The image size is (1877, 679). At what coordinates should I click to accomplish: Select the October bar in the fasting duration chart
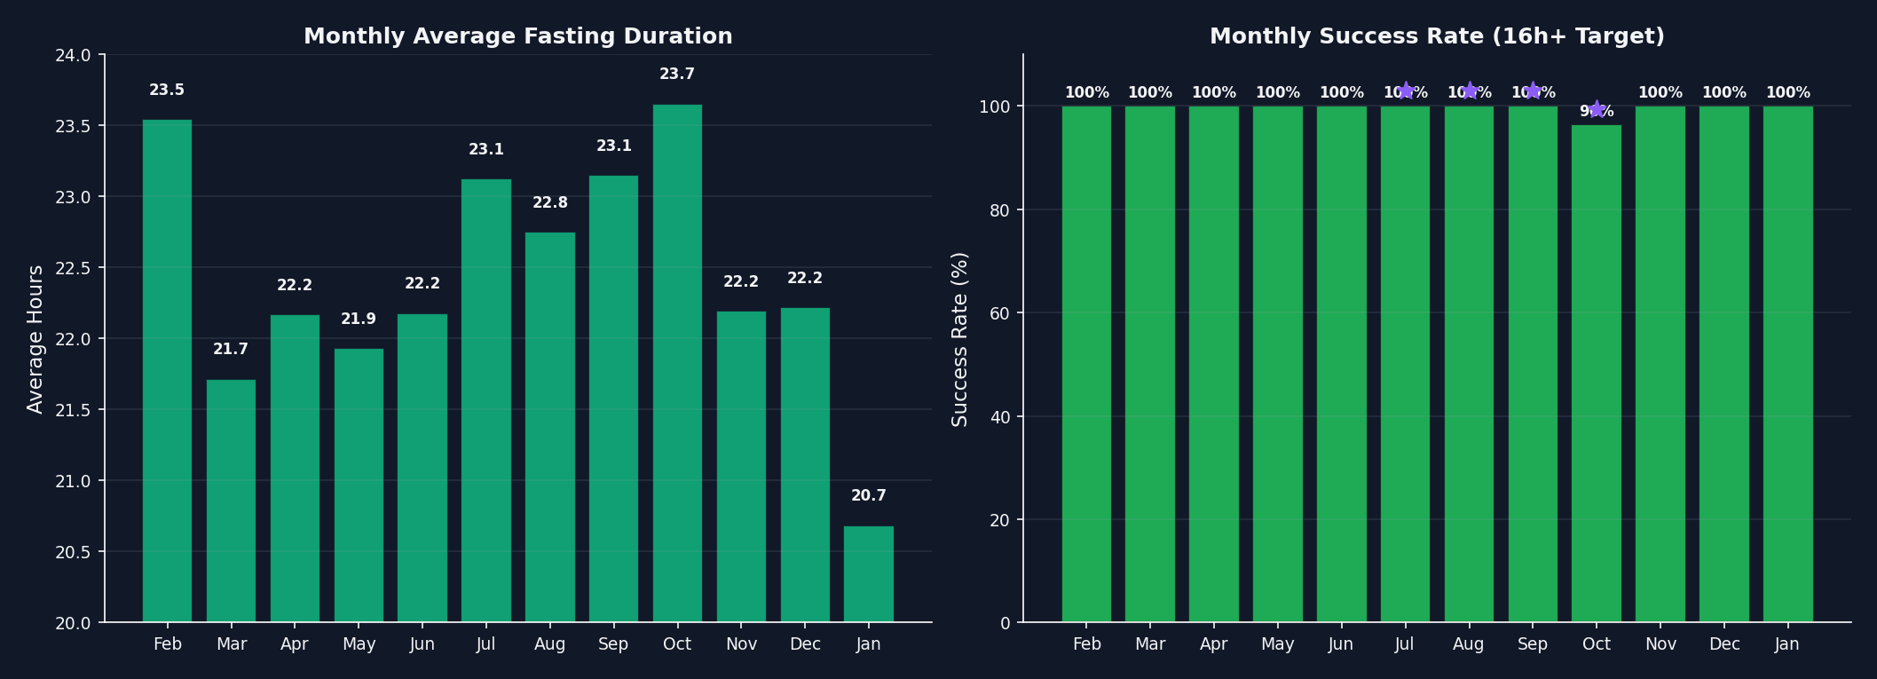click(x=677, y=364)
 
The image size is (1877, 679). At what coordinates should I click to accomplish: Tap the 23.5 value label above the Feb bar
click(x=167, y=91)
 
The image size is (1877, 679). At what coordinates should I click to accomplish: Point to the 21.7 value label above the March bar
click(x=231, y=350)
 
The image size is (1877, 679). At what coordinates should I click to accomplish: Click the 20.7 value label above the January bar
click(x=868, y=496)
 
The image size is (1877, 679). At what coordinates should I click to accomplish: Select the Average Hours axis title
click(x=35, y=339)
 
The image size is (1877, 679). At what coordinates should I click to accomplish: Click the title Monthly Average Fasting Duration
click(x=517, y=36)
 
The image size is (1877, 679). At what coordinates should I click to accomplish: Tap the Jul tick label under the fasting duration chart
click(x=485, y=644)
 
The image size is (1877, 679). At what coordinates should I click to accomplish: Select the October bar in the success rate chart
click(x=1596, y=373)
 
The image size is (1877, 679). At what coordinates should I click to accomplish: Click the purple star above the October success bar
click(x=1597, y=109)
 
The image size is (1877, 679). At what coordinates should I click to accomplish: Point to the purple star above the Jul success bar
click(x=1405, y=91)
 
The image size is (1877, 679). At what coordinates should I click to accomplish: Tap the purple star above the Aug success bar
click(x=1469, y=91)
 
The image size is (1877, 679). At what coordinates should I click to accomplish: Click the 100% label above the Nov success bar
click(x=1660, y=93)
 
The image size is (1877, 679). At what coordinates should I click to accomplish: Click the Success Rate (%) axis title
click(x=959, y=339)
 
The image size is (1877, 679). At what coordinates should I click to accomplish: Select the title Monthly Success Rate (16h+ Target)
click(x=1437, y=36)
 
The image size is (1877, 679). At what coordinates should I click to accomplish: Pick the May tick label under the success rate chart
click(x=1277, y=644)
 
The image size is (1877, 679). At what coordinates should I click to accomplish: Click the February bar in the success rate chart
click(x=1086, y=364)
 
